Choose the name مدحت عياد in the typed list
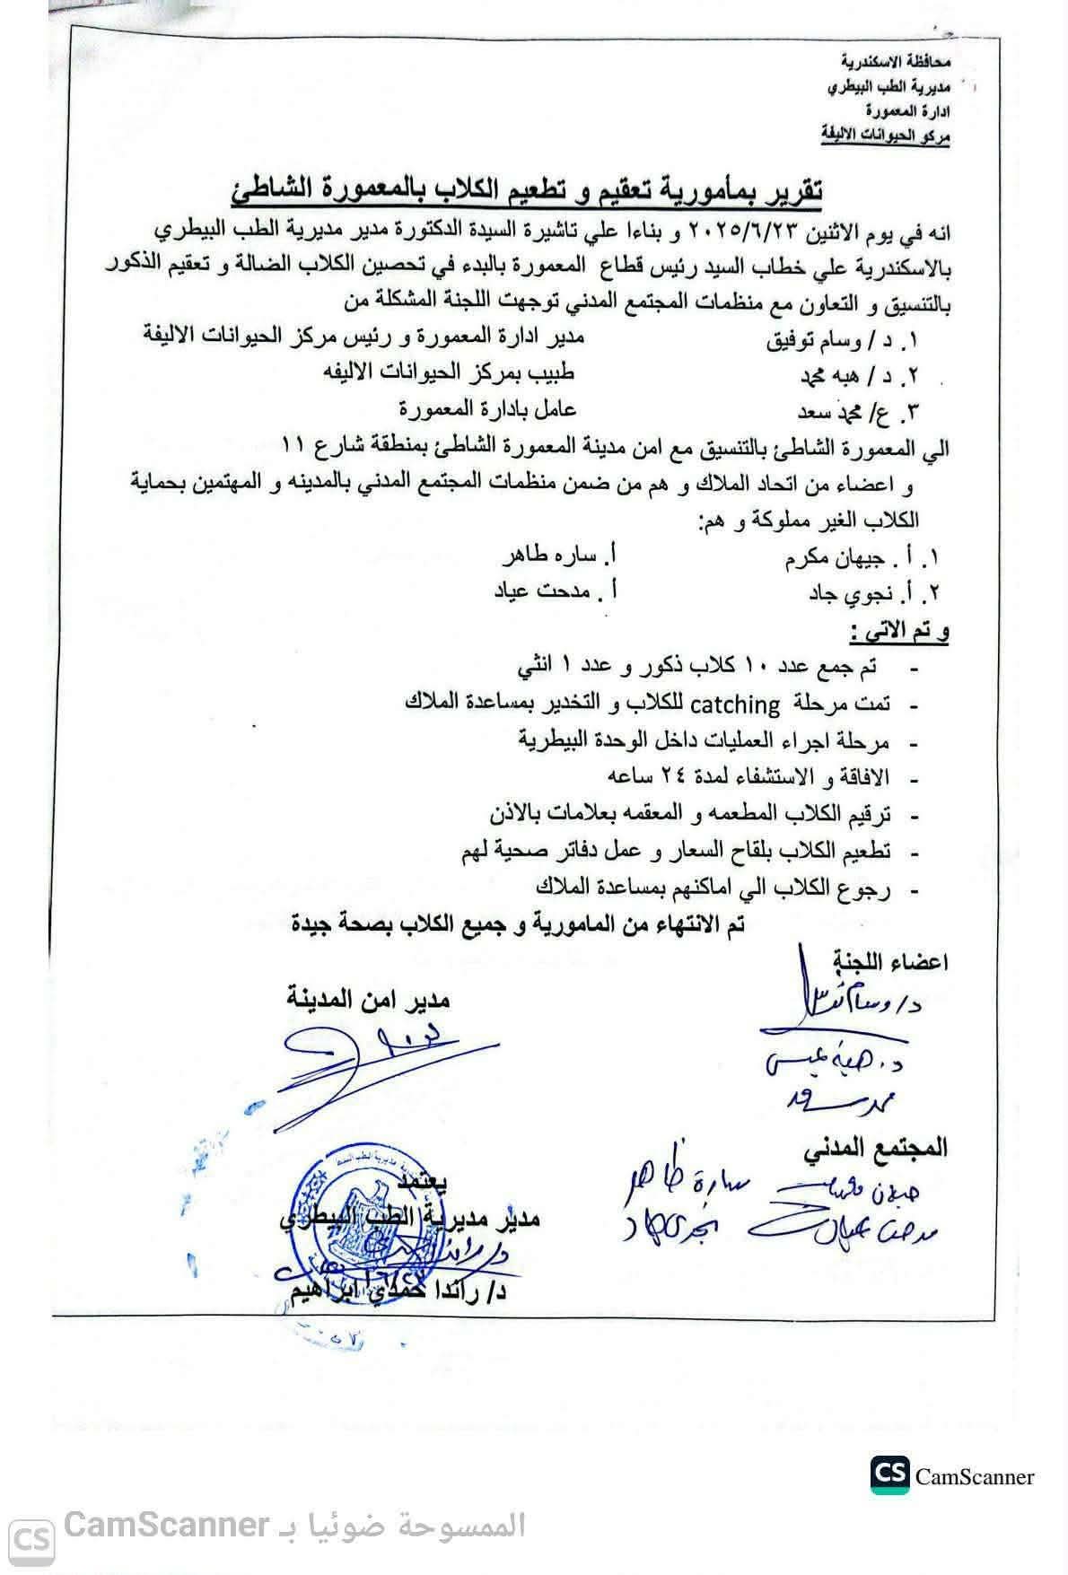547,592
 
